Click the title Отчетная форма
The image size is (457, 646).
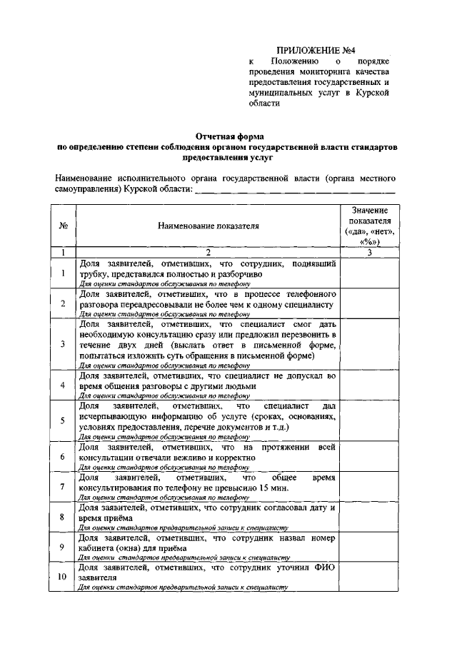coord(229,136)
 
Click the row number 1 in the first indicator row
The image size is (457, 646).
coord(63,273)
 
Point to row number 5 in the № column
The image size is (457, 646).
coord(63,420)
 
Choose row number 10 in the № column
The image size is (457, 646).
coord(63,577)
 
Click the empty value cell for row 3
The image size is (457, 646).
coord(369,344)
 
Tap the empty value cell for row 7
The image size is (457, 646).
coord(369,487)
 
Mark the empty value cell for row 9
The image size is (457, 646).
coord(369,547)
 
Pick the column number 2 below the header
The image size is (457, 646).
coord(209,253)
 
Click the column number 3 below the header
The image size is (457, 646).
coord(369,253)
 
